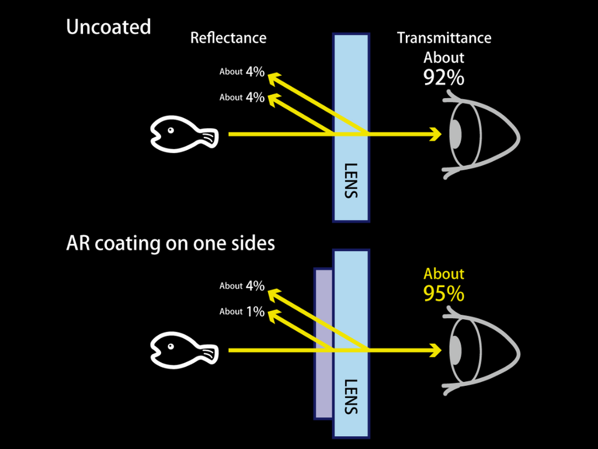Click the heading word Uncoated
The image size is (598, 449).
coord(109,27)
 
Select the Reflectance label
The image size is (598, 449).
coord(228,38)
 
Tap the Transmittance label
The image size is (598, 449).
coord(444,38)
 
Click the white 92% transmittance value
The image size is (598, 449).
coord(444,77)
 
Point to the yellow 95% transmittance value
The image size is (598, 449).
coord(444,293)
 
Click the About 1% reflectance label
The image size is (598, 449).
coord(242,312)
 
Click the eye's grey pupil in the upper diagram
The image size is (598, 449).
coord(456,134)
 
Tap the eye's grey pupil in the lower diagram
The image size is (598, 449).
coord(456,351)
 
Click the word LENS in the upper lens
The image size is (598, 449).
coord(350,180)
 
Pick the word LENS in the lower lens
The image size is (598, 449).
coord(350,396)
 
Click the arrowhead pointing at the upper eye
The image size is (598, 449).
coord(435,134)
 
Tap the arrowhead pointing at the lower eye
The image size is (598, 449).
coord(435,351)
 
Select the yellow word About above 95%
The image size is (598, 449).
coord(444,274)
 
